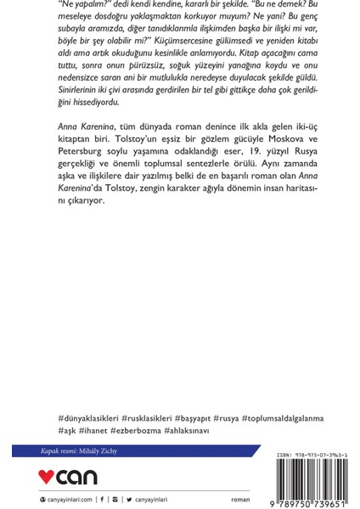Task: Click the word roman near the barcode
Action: coord(240,501)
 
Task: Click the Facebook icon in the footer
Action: coord(102,501)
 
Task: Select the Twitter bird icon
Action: coord(129,501)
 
